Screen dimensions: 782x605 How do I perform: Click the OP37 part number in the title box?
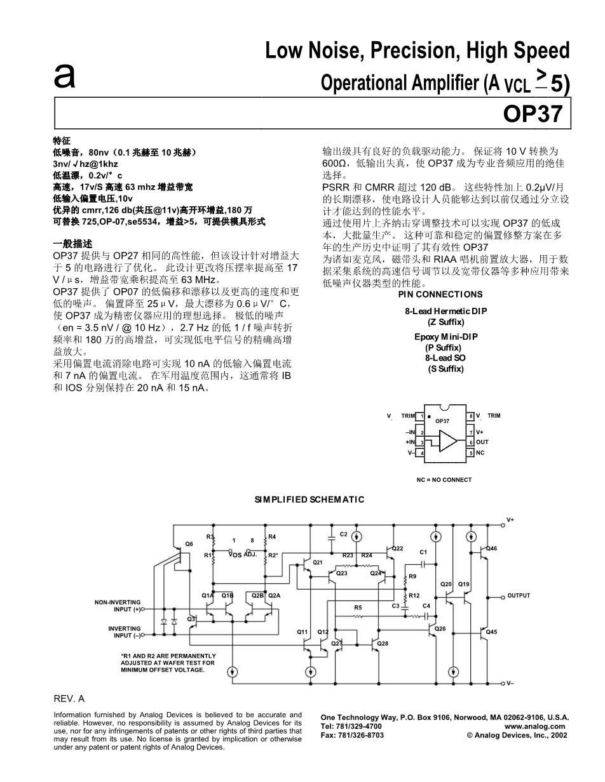point(533,113)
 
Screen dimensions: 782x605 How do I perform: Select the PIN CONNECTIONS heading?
point(440,295)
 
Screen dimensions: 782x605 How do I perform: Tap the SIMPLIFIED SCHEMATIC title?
point(309,500)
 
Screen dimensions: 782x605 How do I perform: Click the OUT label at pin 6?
point(482,442)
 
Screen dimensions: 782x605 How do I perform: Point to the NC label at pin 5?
point(480,453)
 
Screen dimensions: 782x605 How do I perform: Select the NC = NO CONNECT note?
point(444,480)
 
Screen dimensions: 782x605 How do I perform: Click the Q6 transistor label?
point(189,545)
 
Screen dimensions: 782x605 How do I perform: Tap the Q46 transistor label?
point(492,548)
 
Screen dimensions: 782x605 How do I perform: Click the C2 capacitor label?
point(343,534)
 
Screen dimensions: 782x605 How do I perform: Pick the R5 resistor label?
point(358,607)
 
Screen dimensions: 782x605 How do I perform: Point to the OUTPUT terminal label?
point(519,595)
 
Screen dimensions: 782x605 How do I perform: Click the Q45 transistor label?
point(491,632)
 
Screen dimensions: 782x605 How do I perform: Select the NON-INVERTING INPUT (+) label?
point(118,606)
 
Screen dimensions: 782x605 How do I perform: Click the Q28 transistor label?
point(383,644)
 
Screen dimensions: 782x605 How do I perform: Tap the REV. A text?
point(69,698)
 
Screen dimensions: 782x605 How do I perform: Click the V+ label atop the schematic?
point(510,519)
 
